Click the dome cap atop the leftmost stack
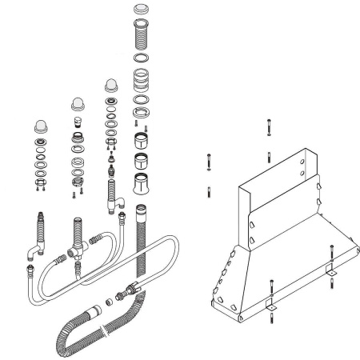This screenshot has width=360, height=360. click(39, 126)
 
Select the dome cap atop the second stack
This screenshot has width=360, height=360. click(77, 103)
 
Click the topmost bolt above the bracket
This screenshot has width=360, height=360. click(268, 128)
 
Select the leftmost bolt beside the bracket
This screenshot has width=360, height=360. click(208, 158)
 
